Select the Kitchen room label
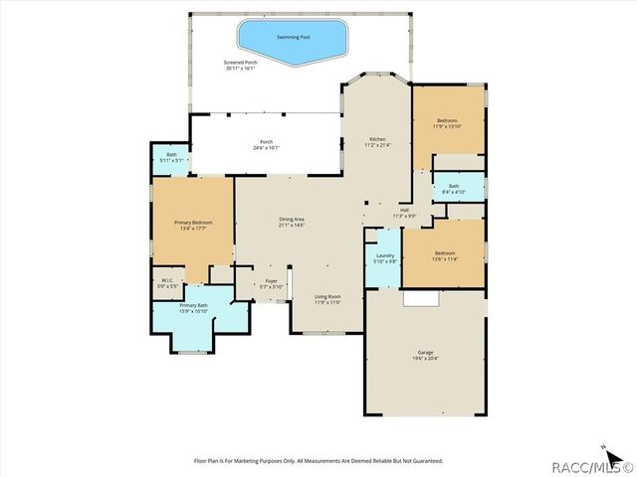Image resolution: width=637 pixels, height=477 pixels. [x=377, y=141]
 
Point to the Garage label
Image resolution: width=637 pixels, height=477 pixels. [x=425, y=355]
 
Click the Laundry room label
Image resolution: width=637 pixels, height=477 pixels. [x=384, y=259]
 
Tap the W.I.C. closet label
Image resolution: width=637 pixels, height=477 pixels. [x=168, y=283]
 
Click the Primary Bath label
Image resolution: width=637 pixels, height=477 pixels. [x=193, y=308]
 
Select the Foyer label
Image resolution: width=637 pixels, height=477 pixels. [x=271, y=283]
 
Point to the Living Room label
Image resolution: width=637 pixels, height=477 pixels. [x=327, y=299]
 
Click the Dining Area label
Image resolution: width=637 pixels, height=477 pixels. [x=292, y=222]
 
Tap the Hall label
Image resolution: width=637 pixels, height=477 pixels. [x=404, y=213]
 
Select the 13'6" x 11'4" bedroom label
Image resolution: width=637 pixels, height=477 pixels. [x=444, y=255]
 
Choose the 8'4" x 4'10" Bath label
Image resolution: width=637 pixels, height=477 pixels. [x=454, y=189]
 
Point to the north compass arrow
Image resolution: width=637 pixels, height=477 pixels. [x=603, y=446]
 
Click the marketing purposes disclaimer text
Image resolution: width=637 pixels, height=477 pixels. [x=318, y=460]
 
